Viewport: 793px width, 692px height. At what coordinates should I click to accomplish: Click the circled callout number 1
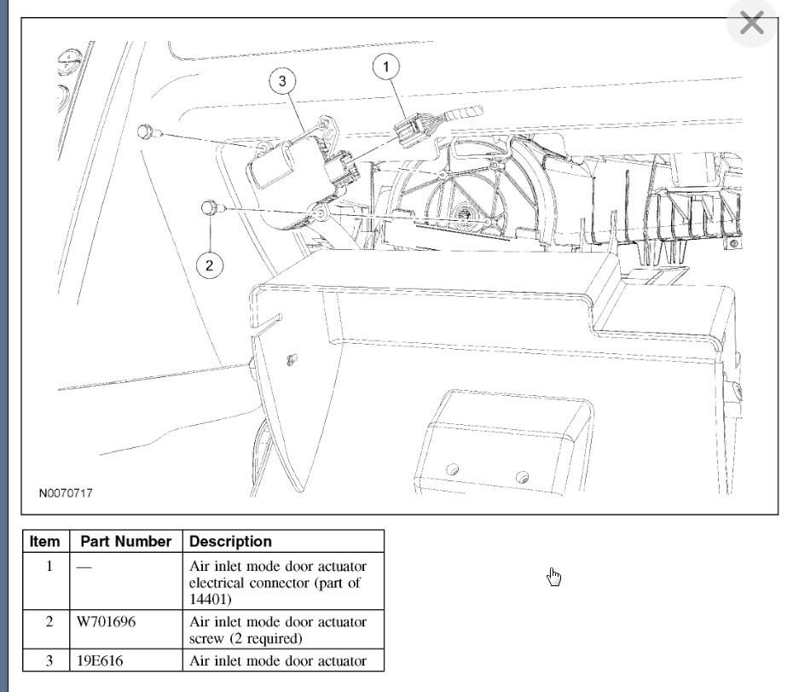tap(388, 66)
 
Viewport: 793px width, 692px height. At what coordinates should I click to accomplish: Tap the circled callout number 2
tap(208, 265)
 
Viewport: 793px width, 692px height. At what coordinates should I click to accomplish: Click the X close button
tap(751, 23)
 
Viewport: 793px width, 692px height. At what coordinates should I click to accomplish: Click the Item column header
tap(45, 541)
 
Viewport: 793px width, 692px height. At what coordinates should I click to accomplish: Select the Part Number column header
tap(126, 541)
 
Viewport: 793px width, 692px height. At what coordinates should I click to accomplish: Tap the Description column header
tap(230, 541)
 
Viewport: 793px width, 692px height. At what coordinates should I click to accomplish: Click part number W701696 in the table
tap(107, 622)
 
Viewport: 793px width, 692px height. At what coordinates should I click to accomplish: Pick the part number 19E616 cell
tap(100, 660)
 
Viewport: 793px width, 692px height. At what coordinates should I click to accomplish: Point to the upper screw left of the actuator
tap(145, 131)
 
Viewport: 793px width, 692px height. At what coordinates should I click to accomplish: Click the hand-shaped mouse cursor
tap(554, 578)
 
